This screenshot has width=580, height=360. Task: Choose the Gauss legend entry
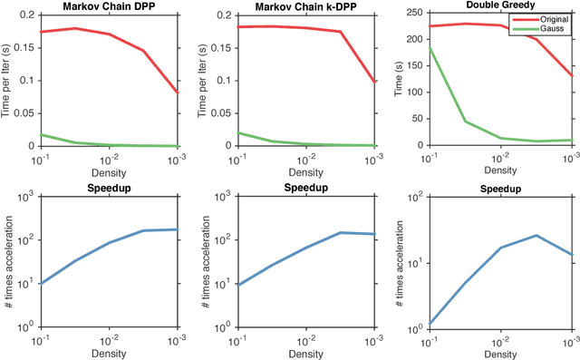(x=543, y=30)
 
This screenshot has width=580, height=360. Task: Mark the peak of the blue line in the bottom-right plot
(x=536, y=236)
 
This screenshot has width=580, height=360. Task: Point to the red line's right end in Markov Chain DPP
(x=179, y=92)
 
